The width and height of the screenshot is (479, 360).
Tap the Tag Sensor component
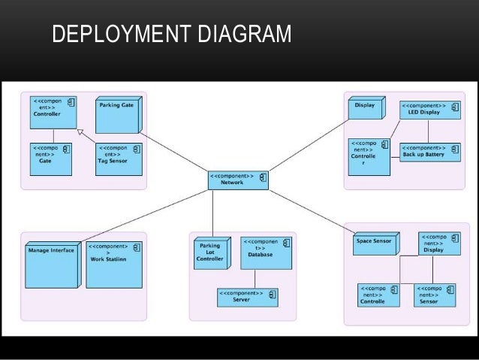(116, 157)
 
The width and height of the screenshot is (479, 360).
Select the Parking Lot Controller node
(211, 255)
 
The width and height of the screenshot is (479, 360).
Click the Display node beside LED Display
(366, 109)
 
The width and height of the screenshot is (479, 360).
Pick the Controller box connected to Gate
(53, 110)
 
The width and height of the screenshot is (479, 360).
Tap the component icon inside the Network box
(264, 177)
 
